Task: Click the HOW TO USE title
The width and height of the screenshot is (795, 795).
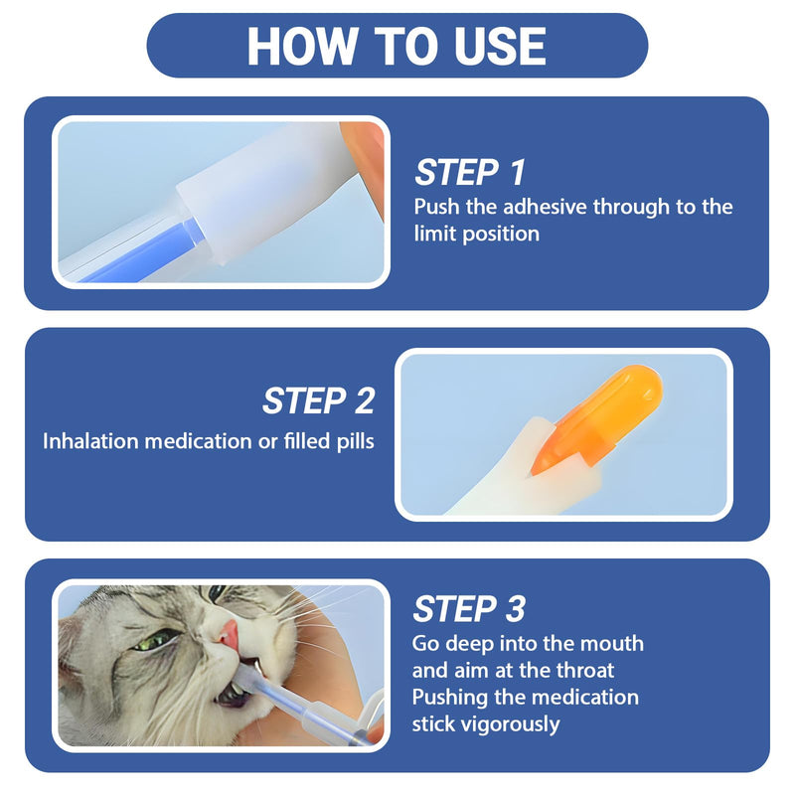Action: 397,46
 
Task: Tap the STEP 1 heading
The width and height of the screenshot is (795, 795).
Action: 470,172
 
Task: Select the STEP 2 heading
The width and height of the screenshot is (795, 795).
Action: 318,400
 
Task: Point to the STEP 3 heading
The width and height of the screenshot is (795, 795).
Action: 469,608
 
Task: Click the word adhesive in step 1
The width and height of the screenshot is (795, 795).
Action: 546,207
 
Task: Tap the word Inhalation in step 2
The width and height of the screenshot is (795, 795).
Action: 90,441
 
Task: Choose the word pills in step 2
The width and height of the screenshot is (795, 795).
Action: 356,441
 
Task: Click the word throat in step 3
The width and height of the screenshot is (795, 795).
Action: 585,670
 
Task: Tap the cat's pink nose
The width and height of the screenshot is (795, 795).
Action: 229,635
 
